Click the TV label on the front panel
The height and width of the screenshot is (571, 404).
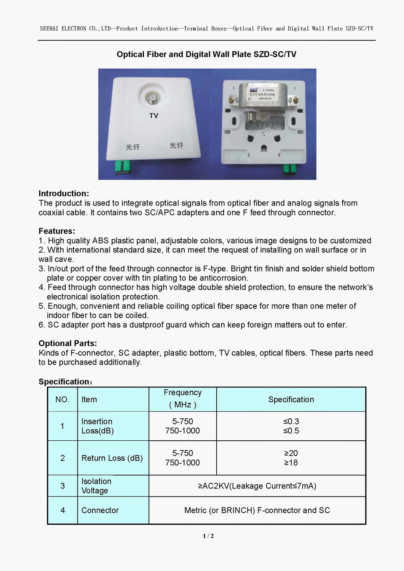point(154,116)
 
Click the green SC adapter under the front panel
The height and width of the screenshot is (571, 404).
point(123,166)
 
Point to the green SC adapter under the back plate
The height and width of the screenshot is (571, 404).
point(289,169)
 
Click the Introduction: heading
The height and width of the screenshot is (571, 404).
point(64,193)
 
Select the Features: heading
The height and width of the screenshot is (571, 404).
point(57,231)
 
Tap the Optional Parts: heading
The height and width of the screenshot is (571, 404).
point(68,343)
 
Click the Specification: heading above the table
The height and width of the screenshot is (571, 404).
point(65,382)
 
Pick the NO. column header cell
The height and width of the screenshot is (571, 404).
point(62,400)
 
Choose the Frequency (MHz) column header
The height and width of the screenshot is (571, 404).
point(183,399)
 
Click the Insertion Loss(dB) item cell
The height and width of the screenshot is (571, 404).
point(97,426)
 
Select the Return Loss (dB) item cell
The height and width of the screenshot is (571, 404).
point(112,458)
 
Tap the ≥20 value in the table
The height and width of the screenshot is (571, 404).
point(291,453)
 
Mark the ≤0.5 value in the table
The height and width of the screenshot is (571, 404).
point(291,431)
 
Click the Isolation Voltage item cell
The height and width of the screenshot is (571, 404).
point(96,486)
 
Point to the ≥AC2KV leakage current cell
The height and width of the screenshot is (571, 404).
point(257,486)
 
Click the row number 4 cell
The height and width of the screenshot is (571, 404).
point(62,510)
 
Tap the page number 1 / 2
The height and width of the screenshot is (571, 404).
point(208,536)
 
